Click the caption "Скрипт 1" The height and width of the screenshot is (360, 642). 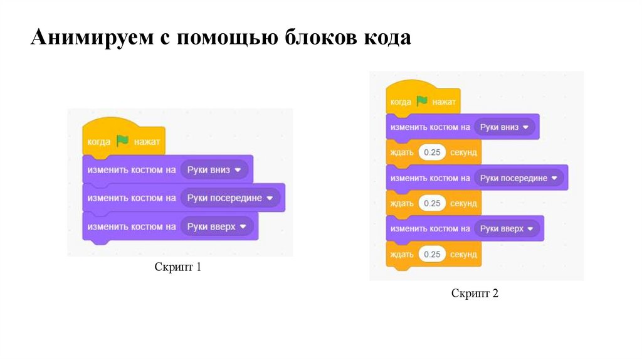tap(178, 268)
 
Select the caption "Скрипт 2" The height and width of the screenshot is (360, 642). tap(475, 293)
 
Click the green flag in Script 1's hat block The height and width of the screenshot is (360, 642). tap(122, 141)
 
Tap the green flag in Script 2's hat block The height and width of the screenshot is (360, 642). tap(421, 100)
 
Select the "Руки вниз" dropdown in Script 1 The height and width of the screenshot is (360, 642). tap(214, 169)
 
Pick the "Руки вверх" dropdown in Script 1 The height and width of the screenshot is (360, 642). tap(217, 226)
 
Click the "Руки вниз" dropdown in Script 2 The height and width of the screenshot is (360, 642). tap(505, 127)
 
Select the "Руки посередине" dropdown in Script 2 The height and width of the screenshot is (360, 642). tap(519, 178)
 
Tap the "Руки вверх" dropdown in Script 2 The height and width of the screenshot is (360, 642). tap(507, 229)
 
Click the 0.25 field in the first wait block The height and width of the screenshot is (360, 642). tap(432, 152)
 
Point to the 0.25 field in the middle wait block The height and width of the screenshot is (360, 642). tap(432, 203)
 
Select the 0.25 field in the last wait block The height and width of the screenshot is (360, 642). tap(432, 254)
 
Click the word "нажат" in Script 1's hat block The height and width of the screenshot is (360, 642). tap(147, 142)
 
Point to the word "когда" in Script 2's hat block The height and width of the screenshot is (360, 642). tap(400, 101)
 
